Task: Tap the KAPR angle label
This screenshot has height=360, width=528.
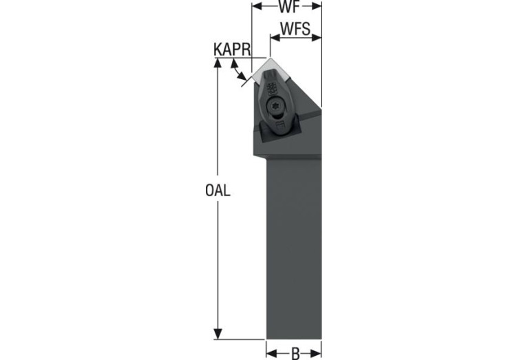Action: tap(233, 50)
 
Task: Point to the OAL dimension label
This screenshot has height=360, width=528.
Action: tap(218, 191)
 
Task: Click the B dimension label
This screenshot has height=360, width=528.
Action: tap(295, 353)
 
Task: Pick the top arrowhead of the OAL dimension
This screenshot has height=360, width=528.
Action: tap(218, 63)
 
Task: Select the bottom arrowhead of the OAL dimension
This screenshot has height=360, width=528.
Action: tap(218, 334)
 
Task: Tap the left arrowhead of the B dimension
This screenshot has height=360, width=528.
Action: tap(271, 353)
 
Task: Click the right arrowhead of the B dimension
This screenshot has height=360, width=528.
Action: tap(316, 353)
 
